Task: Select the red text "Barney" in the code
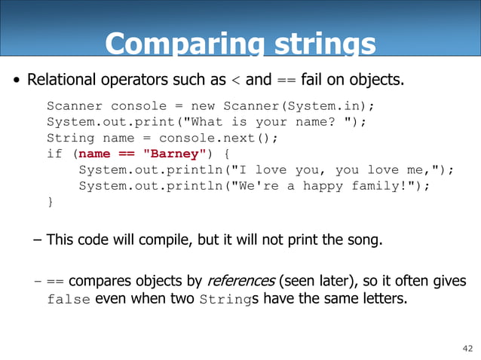173,154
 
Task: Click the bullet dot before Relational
15,80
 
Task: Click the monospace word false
69,299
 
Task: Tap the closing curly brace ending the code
50,203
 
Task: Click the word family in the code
379,187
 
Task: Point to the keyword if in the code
54,154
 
